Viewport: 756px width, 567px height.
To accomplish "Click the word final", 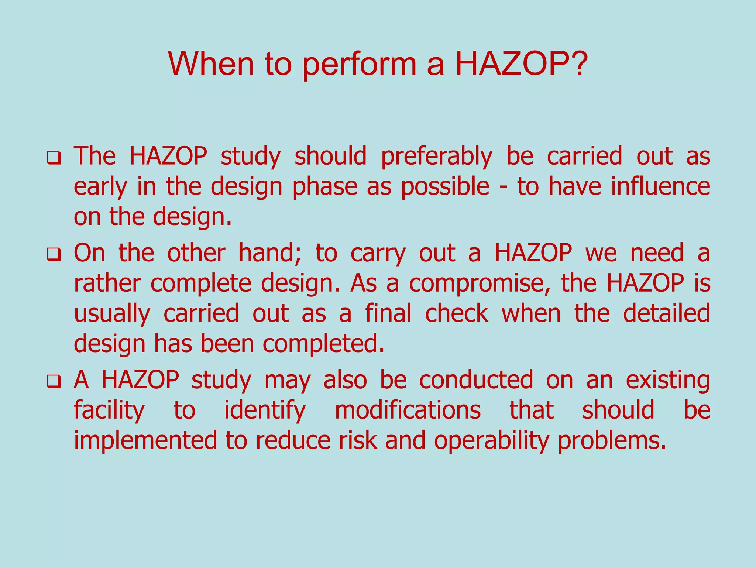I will click(388, 314).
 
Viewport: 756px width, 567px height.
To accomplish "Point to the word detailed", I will click(666, 314).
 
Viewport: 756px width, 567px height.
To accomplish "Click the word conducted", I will click(476, 380).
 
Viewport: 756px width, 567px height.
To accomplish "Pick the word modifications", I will click(408, 410).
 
